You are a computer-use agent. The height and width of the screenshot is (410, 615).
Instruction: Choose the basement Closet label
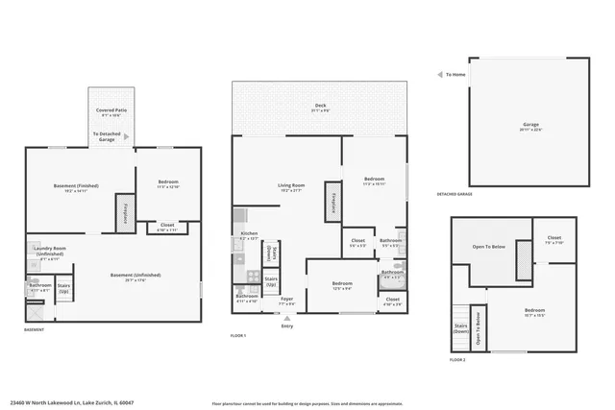(166, 228)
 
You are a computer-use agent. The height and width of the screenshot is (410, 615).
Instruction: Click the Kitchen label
(249, 235)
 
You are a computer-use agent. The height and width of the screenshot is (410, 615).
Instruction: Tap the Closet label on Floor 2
(554, 240)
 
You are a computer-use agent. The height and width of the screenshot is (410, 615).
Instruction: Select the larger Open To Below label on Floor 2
(489, 247)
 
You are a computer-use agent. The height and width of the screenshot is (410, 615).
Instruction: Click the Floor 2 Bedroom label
(535, 311)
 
